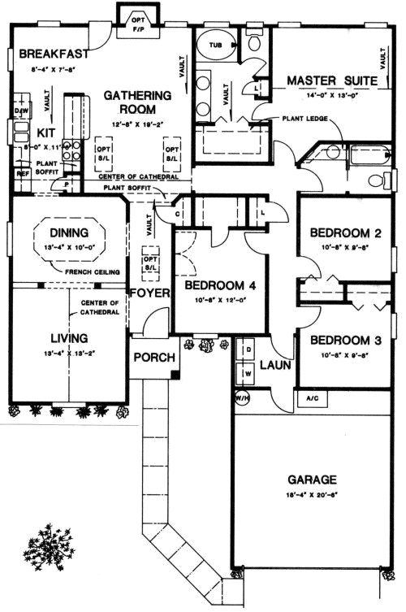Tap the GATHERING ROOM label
pos(137,102)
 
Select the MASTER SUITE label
pos(330,80)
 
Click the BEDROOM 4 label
pos(219,286)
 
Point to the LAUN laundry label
pos(275,366)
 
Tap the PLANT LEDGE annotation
pos(305,119)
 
